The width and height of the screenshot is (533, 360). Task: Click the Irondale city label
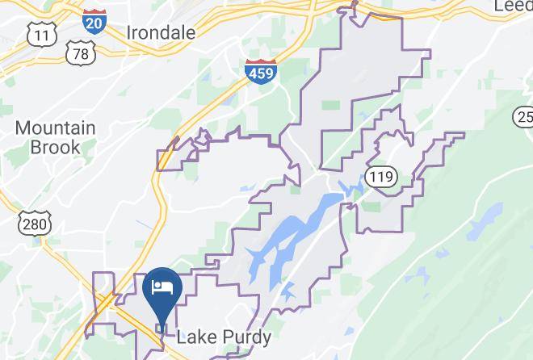pos(162,33)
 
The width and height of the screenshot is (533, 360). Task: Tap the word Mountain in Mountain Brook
pos(55,128)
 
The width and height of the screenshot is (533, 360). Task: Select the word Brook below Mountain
pos(55,147)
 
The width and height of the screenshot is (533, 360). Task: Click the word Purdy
pos(241,337)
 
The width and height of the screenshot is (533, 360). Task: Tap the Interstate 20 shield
pos(93,22)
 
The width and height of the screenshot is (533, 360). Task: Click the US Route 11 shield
pos(40,35)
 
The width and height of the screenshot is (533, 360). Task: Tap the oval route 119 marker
pos(379,176)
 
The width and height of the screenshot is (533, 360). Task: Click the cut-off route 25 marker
pos(523,119)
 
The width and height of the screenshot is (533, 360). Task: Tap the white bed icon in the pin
pos(162,287)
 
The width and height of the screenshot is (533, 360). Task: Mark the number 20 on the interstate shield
pos(93,23)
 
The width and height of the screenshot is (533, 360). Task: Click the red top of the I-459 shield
pos(258,63)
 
